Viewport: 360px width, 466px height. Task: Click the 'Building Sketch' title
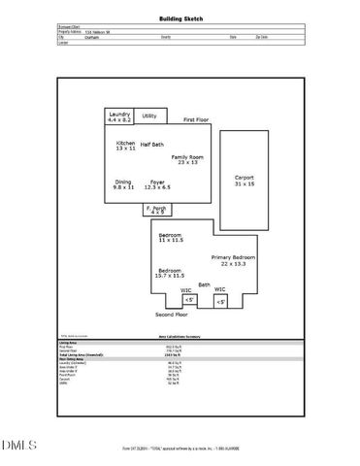(180, 18)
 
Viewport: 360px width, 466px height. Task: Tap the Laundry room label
(119, 116)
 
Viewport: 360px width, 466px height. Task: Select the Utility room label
(149, 116)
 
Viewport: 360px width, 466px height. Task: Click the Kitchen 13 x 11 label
(126, 146)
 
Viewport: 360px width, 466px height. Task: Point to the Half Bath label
(152, 144)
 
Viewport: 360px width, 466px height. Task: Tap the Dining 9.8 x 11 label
(123, 184)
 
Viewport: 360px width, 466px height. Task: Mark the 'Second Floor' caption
(172, 316)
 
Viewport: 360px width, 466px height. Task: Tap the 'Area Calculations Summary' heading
(180, 337)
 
